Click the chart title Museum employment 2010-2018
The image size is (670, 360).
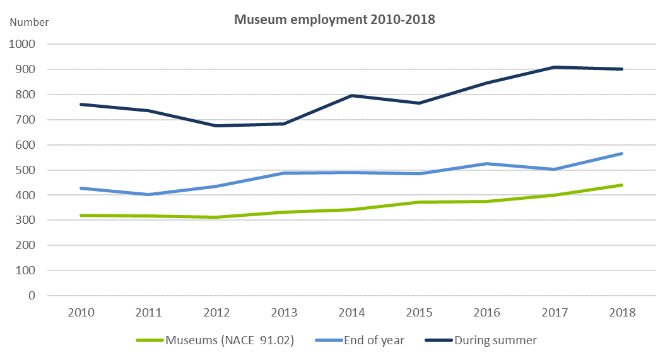[x=334, y=20]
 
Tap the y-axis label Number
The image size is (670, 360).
[x=29, y=22]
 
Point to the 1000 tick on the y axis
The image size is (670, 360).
[x=23, y=44]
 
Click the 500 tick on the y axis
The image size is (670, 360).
[x=26, y=170]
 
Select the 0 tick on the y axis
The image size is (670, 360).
[x=32, y=296]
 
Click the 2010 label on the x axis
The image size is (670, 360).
[x=81, y=313]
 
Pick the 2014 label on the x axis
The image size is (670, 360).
[x=351, y=313]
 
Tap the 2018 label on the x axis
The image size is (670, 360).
[x=622, y=313]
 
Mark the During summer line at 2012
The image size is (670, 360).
[x=216, y=125]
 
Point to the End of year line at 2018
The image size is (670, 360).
[x=622, y=153]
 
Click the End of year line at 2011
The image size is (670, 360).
[x=149, y=194]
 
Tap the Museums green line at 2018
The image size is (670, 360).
[x=622, y=185]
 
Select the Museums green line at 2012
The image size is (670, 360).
[x=216, y=217]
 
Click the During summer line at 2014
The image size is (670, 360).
[x=351, y=95]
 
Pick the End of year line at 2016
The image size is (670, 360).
[x=487, y=164]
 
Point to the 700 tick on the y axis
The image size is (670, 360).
[x=26, y=120]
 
